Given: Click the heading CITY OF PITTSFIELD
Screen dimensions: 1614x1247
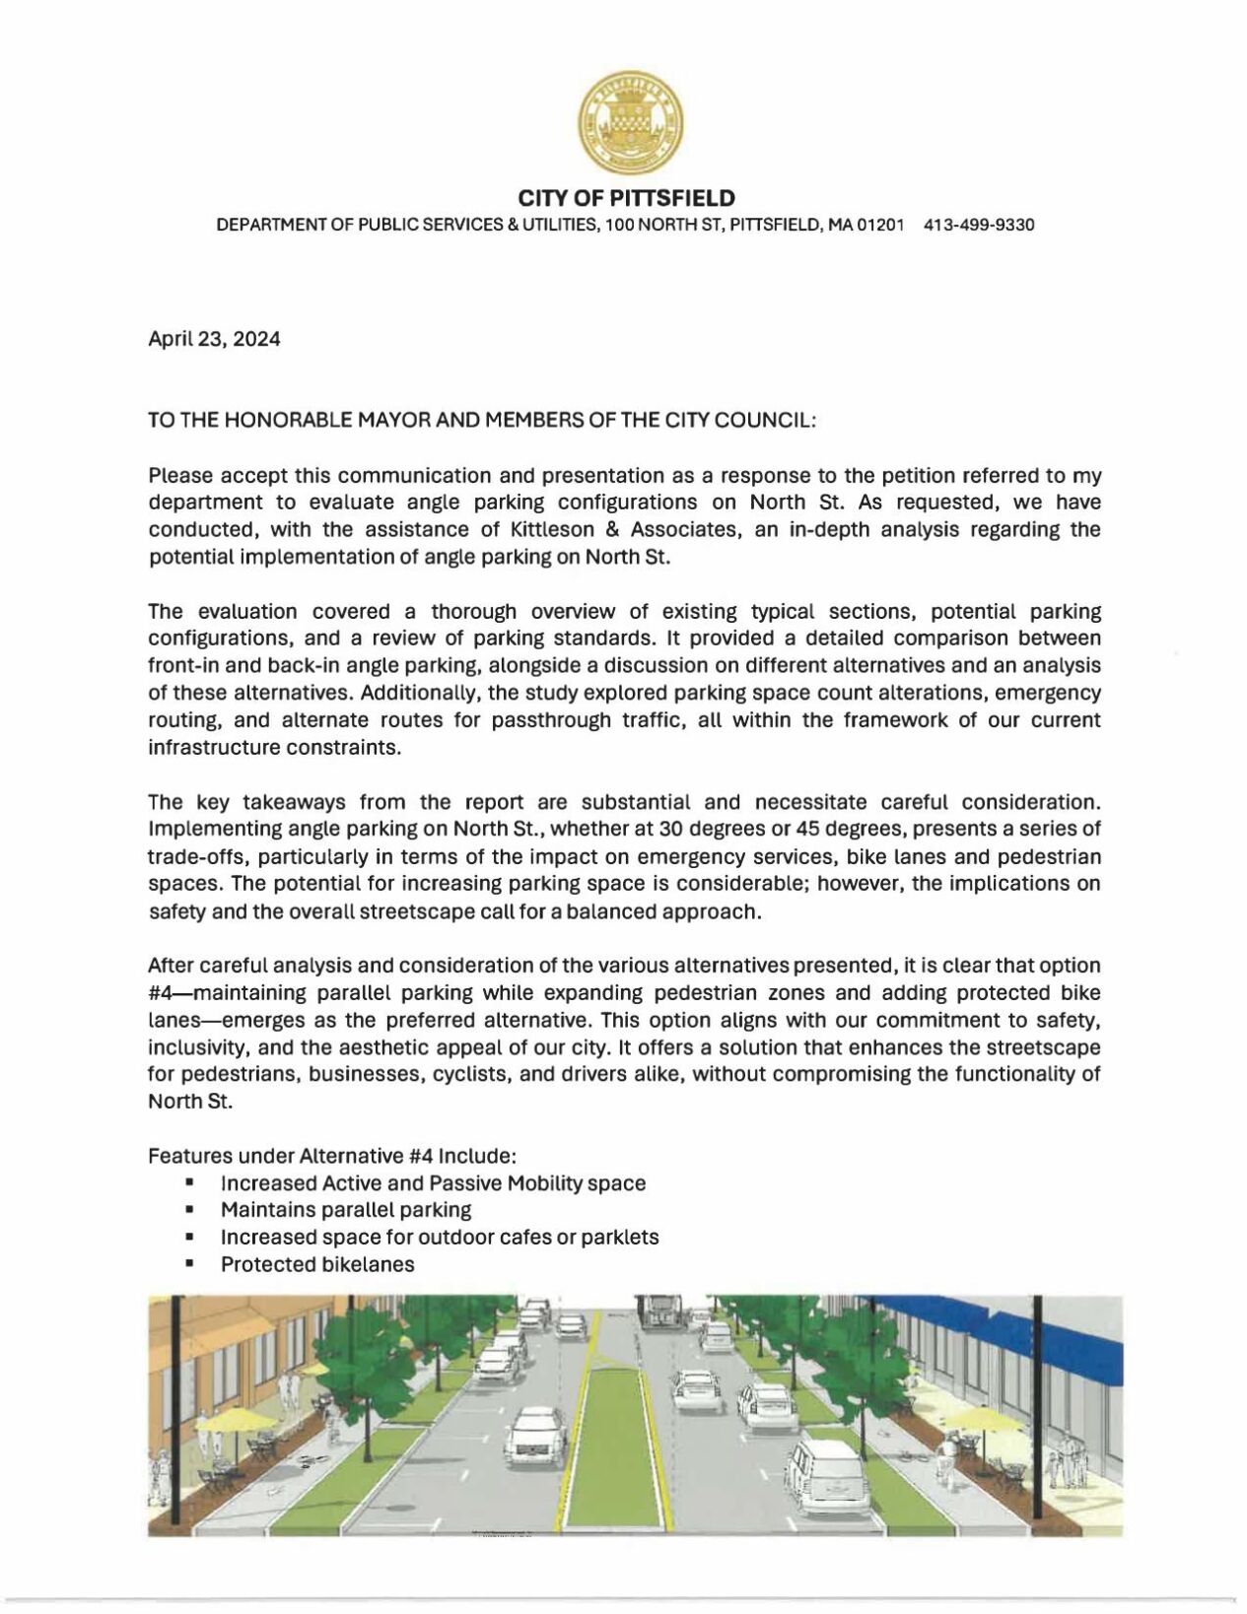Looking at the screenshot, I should pyautogui.click(x=627, y=198).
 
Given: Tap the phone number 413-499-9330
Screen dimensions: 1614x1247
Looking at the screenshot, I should pyautogui.click(x=979, y=226).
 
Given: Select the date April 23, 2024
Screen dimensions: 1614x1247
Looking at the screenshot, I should pyautogui.click(x=214, y=340).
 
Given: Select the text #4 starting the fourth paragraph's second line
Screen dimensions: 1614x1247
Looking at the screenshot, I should pyautogui.click(x=160, y=993).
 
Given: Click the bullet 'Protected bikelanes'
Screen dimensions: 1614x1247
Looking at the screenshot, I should pyautogui.click(x=317, y=1265).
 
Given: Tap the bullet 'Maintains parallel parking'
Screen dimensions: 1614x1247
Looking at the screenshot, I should pyautogui.click(x=346, y=1210).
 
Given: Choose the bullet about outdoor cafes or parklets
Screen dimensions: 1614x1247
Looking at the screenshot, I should pyautogui.click(x=440, y=1238).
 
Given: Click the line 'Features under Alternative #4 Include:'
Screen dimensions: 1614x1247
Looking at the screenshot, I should pyautogui.click(x=332, y=1156).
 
